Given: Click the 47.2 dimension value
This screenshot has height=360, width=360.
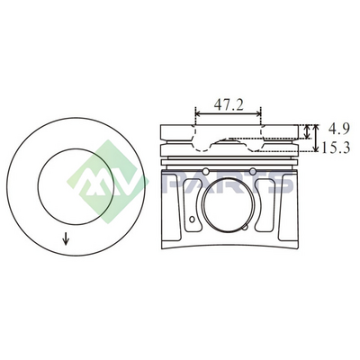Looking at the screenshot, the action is tap(229, 104).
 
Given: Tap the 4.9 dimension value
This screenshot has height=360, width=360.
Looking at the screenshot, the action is tap(339, 130).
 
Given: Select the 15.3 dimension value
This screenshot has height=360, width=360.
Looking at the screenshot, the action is tap(336, 148).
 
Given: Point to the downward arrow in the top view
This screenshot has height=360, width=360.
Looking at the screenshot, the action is tap(66, 238).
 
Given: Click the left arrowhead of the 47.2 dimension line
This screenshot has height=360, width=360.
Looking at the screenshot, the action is tap(198, 113).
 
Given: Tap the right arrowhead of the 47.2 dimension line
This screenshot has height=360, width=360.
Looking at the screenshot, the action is tap(258, 113).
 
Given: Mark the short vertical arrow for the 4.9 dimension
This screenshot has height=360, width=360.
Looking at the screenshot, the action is tap(307, 132).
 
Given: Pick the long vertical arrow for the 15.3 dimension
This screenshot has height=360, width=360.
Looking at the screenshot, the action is tap(315, 138).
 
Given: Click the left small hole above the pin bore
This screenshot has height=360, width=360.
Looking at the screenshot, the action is tap(206, 171).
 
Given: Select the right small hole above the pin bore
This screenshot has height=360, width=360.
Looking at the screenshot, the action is tap(253, 171).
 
